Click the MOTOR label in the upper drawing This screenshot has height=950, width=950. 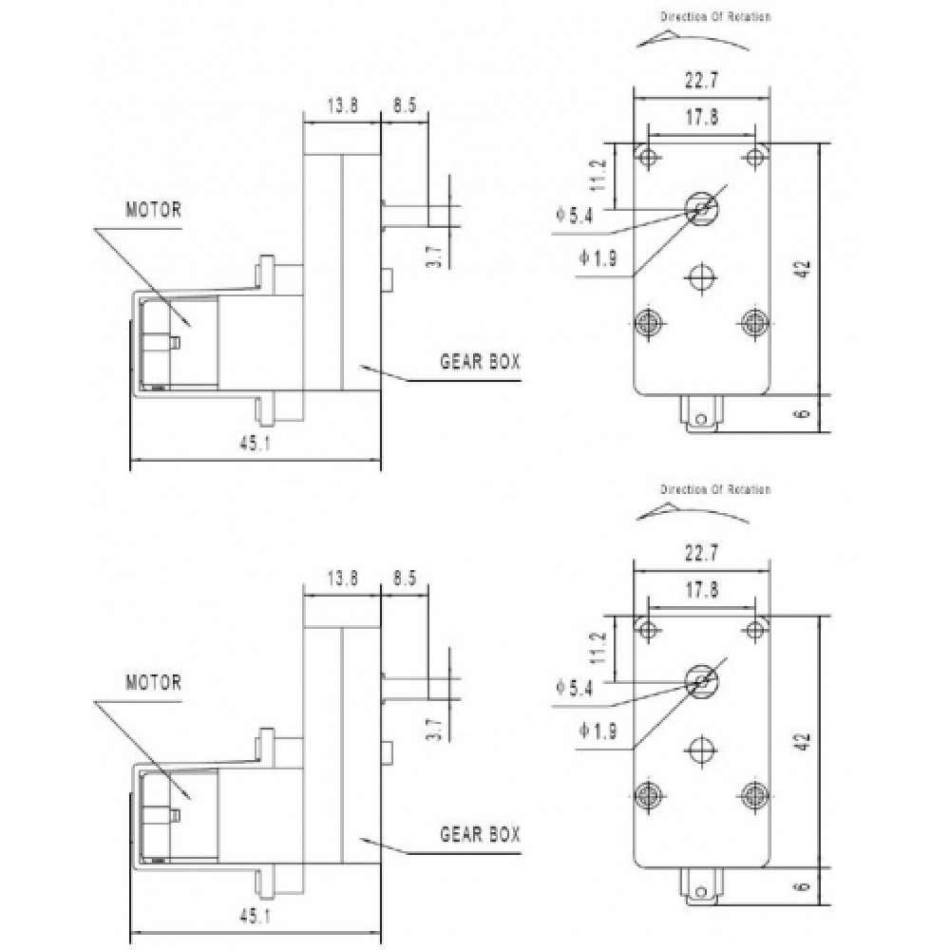[153, 210]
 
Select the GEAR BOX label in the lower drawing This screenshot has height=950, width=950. [480, 834]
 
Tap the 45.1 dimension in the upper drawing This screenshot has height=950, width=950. [255, 444]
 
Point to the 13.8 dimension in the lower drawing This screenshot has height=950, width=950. [342, 578]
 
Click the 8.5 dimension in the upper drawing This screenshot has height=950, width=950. [405, 105]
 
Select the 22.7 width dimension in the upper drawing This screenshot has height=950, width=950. [702, 80]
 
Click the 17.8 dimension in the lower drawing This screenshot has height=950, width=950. [702, 590]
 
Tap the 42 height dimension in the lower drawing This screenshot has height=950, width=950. [804, 742]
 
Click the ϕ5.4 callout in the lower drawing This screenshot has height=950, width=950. [575, 688]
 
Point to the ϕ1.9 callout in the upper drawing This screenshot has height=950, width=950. [598, 258]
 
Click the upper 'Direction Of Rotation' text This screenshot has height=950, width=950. [715, 17]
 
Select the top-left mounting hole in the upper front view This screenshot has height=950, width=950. [648, 158]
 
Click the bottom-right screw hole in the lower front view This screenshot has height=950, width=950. [755, 794]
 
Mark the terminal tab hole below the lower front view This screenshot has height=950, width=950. [701, 892]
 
